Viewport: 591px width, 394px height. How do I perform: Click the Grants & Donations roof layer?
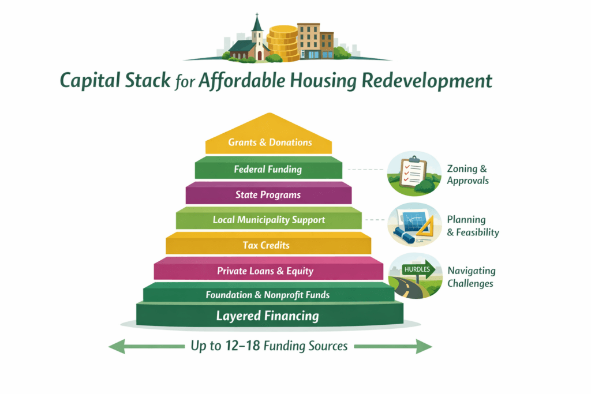[270, 142]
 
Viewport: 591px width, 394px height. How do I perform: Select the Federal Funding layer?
[268, 170]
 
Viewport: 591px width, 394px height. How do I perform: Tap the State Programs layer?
[268, 194]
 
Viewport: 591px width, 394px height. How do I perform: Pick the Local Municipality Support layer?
[268, 220]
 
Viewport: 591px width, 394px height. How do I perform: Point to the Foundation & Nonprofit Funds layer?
[267, 295]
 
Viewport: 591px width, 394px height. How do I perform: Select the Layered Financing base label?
[267, 316]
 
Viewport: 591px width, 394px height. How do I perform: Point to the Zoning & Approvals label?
[467, 174]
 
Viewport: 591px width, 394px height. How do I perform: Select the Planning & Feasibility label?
[473, 226]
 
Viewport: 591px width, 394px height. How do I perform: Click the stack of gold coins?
[282, 43]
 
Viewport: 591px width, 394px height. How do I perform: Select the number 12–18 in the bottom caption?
[243, 346]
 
